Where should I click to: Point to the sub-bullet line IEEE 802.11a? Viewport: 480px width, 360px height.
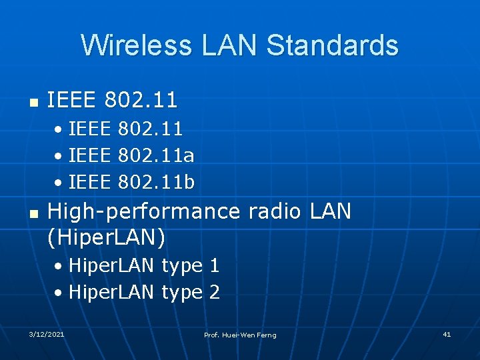131,155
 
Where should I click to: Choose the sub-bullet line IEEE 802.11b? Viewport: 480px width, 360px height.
131,181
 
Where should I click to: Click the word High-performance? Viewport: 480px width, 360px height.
144,212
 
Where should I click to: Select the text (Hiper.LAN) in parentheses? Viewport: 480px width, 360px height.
107,236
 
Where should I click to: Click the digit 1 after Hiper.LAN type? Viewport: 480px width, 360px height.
214,266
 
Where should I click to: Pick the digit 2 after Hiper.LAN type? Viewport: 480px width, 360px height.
214,293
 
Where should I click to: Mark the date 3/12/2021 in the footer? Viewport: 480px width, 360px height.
46,334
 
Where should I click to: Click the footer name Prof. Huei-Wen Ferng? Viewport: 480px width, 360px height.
240,335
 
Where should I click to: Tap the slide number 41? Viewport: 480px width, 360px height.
447,334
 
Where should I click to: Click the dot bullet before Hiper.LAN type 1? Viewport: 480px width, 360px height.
60,267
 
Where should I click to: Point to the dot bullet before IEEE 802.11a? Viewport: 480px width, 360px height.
60,156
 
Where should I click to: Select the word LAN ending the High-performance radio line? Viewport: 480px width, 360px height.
330,211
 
